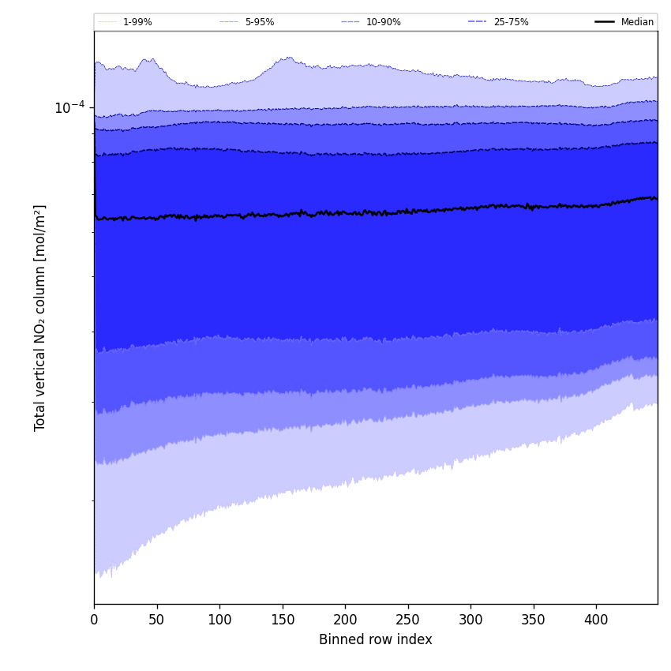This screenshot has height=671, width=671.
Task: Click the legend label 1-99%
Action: point(137,22)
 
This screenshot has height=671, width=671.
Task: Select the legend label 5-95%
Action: point(260,22)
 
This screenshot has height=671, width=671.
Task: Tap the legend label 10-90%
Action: point(383,22)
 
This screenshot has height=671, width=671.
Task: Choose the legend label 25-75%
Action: point(511,22)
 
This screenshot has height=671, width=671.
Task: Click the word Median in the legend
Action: point(637,22)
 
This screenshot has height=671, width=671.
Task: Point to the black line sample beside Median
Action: point(605,22)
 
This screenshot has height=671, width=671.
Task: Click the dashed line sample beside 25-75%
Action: point(477,22)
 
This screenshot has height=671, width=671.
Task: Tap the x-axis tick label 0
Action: point(94,620)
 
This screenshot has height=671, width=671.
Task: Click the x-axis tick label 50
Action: point(157,620)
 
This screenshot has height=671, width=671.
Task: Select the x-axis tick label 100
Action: point(219,620)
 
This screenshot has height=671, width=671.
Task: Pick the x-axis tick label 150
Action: point(283,620)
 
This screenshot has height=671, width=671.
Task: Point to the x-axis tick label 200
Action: point(345,620)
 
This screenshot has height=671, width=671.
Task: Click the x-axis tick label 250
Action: point(408,620)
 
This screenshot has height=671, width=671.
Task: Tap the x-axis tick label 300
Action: point(470,620)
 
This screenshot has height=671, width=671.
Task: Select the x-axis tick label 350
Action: point(534,620)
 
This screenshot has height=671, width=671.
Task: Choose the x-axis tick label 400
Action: point(596,620)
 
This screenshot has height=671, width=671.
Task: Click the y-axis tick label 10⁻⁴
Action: point(69,107)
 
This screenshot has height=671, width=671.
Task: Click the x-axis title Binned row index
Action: point(376,640)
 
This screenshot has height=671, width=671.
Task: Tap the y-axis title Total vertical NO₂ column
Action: point(40,317)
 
